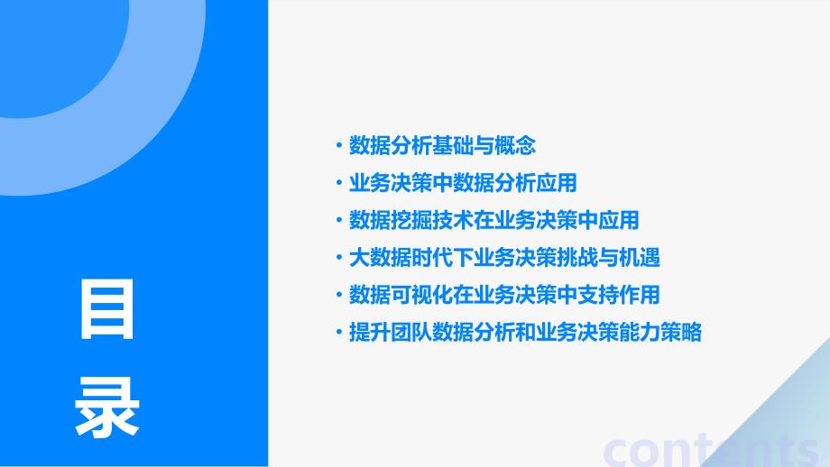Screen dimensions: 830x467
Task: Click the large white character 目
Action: pos(107,309)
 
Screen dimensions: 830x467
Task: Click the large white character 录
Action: pos(107,407)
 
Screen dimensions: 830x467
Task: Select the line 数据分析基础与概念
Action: pos(442,145)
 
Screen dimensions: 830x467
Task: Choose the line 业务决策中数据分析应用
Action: pos(463,183)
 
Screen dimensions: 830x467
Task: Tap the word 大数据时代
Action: pos(401,258)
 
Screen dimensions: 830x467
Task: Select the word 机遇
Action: pos(639,258)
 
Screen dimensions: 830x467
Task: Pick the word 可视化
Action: pos(420,295)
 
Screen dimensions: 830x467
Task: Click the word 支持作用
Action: pos(618,295)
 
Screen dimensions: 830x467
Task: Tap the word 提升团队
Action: pos(390,333)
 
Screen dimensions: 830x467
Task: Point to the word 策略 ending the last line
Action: pos(681,333)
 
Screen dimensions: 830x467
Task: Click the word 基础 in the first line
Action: pos(452,145)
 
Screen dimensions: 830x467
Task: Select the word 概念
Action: pos(514,145)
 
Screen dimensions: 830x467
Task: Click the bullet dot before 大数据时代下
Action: pos(339,258)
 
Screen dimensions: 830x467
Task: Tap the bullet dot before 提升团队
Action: pos(339,333)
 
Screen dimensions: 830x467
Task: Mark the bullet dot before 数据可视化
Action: pos(339,295)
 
